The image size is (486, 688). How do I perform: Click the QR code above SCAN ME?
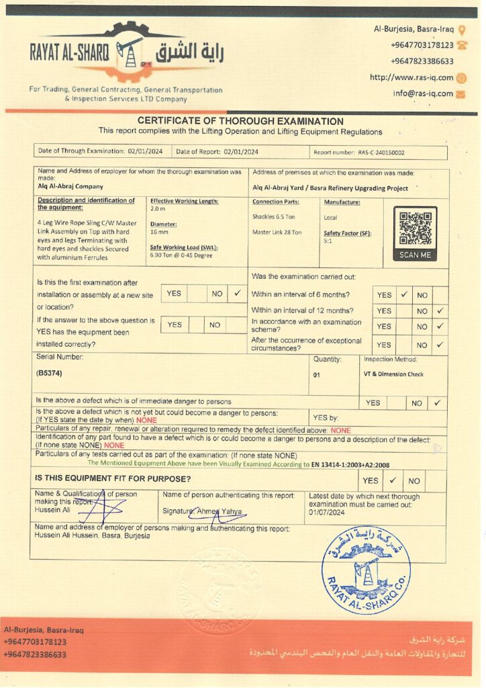point(415,228)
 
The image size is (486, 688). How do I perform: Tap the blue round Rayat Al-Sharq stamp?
point(366,570)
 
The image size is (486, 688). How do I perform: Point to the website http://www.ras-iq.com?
point(411,77)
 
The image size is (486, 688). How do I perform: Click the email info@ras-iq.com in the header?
point(423,93)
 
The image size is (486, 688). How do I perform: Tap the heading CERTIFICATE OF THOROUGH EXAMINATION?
point(240,121)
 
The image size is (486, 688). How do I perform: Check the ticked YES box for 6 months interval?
point(403,294)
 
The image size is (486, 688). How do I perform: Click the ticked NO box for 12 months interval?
point(440,310)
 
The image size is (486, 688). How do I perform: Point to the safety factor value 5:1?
point(329,240)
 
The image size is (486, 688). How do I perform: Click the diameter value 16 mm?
point(159,232)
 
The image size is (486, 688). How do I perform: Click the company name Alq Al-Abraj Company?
point(70,186)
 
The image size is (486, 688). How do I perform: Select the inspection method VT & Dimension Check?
point(395,374)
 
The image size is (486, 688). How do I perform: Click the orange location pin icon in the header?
point(462,30)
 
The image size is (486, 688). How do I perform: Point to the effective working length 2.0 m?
point(158,209)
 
